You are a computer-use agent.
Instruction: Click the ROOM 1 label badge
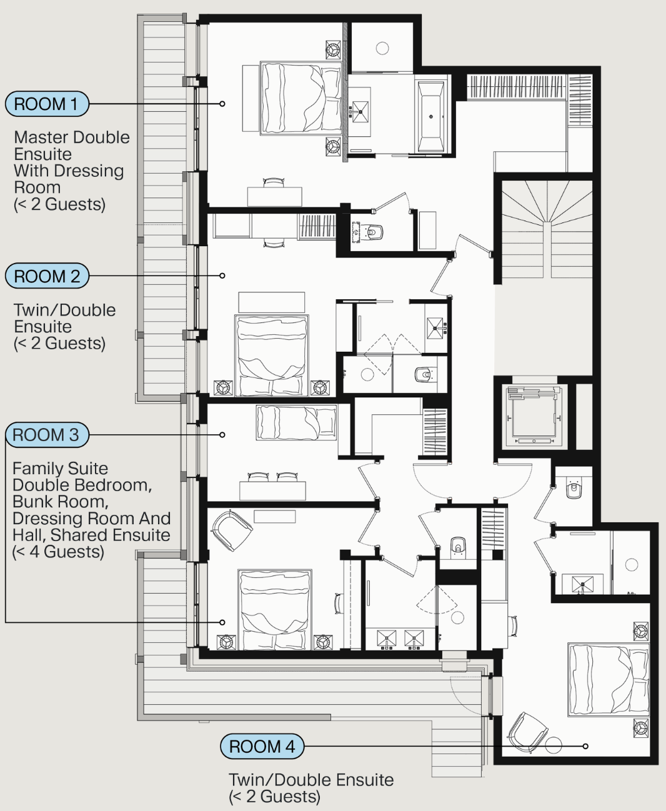47,104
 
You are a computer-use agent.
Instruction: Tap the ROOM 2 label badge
47,276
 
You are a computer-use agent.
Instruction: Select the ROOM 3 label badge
47,435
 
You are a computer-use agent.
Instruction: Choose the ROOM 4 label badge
262,747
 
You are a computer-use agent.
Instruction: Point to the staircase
547,229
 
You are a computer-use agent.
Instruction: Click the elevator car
534,416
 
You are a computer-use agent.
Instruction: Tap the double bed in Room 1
301,98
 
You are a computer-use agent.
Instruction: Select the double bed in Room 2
272,356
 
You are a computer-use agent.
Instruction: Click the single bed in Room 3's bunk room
297,422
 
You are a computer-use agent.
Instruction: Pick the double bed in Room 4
609,680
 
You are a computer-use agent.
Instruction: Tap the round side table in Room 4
554,745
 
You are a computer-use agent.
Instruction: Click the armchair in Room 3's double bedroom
232,530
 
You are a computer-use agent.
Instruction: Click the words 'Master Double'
72,137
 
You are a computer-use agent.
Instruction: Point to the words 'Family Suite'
61,469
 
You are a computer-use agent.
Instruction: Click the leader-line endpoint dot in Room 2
222,276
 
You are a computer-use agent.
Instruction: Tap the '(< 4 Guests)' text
59,552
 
